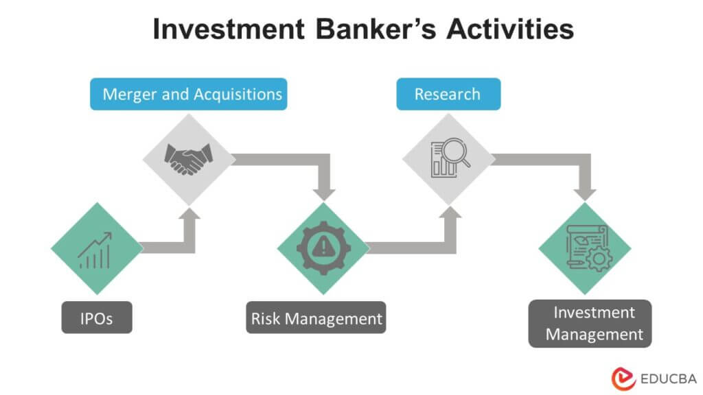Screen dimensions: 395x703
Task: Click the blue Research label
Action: point(448,94)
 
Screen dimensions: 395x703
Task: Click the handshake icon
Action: point(187,159)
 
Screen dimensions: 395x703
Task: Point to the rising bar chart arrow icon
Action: point(95,249)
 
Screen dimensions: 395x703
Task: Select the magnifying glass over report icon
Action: point(448,159)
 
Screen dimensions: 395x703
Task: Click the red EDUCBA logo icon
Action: point(622,377)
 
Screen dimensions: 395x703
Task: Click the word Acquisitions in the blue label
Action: point(238,94)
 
